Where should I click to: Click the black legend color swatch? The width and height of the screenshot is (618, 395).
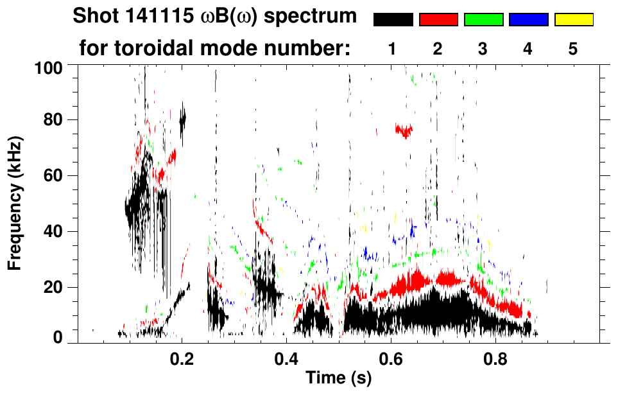pos(393,20)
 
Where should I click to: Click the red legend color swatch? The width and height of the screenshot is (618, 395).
pos(438,20)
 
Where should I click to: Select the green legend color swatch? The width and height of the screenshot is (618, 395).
pos(483,20)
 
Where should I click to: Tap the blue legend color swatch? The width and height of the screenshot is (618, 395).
pos(528,20)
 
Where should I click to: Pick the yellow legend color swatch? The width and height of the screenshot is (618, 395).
pos(573,20)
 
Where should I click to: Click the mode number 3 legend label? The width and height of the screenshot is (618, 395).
pos(483,49)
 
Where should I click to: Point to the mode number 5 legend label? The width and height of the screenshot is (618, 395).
pos(573,49)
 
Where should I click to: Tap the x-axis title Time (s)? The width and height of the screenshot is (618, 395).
pos(338,378)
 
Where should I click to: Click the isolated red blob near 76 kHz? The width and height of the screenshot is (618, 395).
pos(404,131)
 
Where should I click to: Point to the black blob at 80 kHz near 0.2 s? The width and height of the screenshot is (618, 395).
pos(182,118)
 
